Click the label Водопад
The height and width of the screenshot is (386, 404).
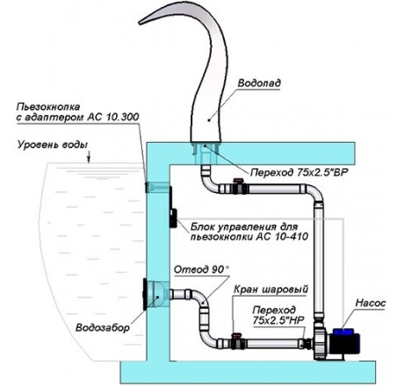pyautogui.click(x=259, y=83)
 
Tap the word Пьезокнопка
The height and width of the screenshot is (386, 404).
pyautogui.click(x=48, y=107)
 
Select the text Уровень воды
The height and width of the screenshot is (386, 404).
pyautogui.click(x=53, y=145)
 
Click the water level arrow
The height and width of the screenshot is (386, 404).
pyautogui.click(x=89, y=156)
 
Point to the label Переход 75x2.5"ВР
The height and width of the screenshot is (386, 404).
pyautogui.click(x=299, y=173)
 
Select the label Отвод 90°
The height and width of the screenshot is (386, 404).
pyautogui.click(x=201, y=269)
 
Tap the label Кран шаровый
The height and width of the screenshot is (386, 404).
pyautogui.click(x=271, y=289)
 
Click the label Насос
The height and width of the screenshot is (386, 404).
pyautogui.click(x=371, y=304)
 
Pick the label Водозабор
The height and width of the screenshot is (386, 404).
pyautogui.click(x=103, y=327)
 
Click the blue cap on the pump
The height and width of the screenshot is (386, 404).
pyautogui.click(x=343, y=332)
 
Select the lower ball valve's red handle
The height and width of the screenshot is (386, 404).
pyautogui.click(x=237, y=335)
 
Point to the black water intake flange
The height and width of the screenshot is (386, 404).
pyautogui.click(x=145, y=294)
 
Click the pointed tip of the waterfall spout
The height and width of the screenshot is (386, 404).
pyautogui.click(x=140, y=22)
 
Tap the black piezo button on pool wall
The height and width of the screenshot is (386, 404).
pyautogui.click(x=147, y=187)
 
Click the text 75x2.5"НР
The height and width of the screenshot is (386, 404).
pyautogui.click(x=279, y=320)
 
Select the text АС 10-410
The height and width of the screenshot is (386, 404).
pyautogui.click(x=282, y=237)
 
